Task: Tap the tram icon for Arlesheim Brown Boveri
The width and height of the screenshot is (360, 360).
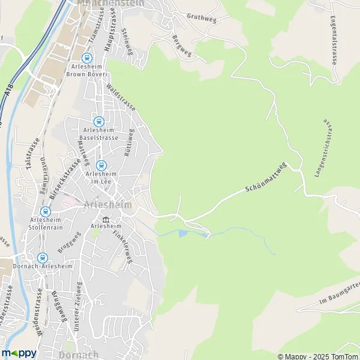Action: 87,58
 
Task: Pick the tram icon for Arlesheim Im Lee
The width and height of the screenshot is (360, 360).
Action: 101,165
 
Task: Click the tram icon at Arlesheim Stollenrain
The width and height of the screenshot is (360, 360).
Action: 45,211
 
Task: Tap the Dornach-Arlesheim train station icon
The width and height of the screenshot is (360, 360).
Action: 41,257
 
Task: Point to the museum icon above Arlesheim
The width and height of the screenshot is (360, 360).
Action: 106,219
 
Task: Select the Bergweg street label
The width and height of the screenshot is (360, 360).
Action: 181,46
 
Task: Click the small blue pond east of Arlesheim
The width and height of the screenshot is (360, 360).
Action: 182,233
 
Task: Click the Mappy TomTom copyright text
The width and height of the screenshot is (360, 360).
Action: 314,354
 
